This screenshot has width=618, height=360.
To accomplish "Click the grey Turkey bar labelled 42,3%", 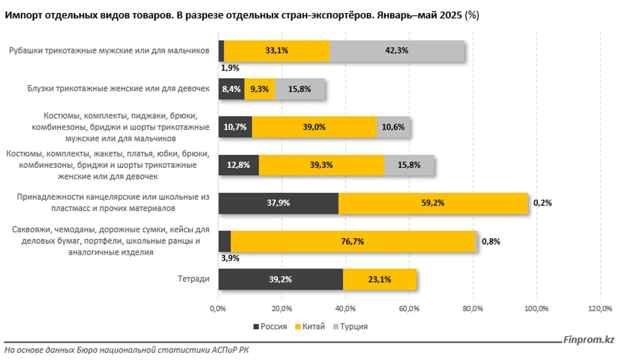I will click(x=397, y=51).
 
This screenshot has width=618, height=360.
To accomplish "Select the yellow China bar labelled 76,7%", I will click(x=353, y=241).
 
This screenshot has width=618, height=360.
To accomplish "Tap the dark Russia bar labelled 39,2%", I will click(x=280, y=279).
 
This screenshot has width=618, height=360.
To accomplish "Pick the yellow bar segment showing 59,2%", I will click(x=432, y=203).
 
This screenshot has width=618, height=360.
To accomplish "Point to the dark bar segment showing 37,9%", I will click(x=278, y=203).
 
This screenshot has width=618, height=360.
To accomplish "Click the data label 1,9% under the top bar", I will click(x=230, y=68).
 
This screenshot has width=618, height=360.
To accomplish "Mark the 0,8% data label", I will click(x=491, y=241).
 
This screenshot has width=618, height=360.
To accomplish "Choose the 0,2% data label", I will click(x=542, y=203).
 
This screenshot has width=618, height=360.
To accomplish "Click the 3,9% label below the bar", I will click(x=230, y=258).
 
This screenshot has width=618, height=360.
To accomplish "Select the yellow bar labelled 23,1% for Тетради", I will click(x=379, y=279).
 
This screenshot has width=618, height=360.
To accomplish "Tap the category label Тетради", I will click(x=193, y=279).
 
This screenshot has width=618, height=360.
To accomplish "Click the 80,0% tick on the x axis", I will click(x=472, y=309).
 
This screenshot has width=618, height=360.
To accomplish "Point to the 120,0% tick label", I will click(x=600, y=309).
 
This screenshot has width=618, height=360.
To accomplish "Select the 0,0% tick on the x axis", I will click(x=218, y=309).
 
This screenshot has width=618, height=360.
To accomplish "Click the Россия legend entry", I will click(x=270, y=327).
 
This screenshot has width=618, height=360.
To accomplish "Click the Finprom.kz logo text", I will click(x=589, y=340).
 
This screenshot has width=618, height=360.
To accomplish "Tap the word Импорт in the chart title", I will click(x=23, y=15).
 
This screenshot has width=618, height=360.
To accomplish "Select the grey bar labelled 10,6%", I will click(x=393, y=127).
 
